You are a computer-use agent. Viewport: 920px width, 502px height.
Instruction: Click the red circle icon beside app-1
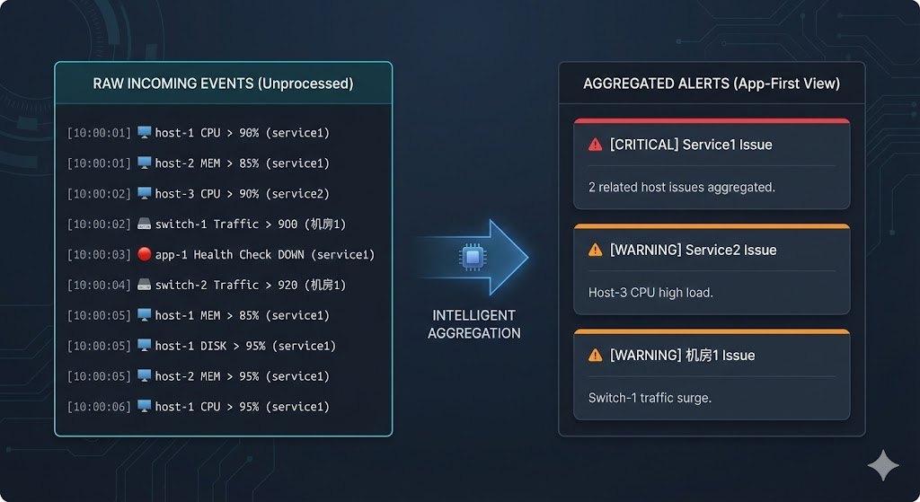coord(144,254)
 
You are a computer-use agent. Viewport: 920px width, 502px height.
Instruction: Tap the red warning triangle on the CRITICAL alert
coord(595,145)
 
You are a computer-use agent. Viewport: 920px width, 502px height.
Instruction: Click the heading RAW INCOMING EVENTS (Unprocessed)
coord(223,84)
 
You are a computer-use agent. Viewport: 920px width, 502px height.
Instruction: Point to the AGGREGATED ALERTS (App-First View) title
coord(712,84)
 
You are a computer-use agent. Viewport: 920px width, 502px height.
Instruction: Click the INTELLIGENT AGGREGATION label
coord(473,324)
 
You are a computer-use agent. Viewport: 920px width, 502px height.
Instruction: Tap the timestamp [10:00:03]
coord(99,255)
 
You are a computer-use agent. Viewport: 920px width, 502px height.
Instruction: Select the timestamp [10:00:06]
coord(99,407)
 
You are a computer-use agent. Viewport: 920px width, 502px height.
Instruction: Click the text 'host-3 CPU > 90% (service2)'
coord(242,194)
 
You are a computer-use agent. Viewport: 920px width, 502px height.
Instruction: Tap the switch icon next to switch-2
coord(144,285)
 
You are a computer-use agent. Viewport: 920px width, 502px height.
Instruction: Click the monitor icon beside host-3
coord(144,193)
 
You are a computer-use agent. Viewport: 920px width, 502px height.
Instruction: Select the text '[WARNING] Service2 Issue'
coord(693,250)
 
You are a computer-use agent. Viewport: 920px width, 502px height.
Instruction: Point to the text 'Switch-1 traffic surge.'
coord(650,398)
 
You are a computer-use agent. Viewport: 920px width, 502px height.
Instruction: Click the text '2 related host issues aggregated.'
coord(681,187)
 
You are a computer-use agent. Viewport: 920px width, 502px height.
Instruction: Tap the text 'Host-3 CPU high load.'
coord(650,293)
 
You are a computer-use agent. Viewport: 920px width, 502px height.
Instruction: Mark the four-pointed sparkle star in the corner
coord(882,467)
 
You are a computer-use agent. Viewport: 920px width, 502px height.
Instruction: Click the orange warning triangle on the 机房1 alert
coord(595,356)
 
